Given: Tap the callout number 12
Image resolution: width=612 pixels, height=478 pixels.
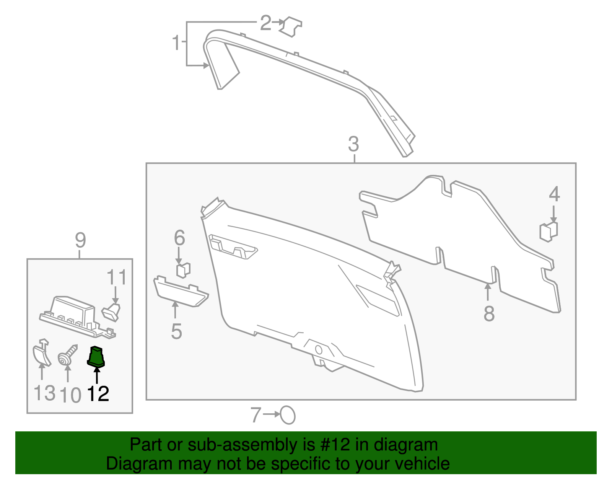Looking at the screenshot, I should coord(98,394).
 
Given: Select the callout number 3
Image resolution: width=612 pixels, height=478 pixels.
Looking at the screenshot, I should coord(353,144).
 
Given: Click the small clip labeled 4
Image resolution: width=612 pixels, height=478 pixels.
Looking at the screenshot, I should coord(549,231).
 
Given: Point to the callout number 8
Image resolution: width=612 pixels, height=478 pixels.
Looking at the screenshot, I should coord(489,314).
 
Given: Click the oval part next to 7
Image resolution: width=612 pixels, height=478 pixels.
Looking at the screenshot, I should coord(288,415).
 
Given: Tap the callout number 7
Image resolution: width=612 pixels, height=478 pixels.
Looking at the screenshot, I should coord(256,415).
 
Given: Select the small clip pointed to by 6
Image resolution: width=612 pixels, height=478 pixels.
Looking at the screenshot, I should coord(183,270).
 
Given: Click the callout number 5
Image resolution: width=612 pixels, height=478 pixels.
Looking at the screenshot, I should coord(176,331).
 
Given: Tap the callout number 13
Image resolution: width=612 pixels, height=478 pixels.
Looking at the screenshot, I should coord(44,393).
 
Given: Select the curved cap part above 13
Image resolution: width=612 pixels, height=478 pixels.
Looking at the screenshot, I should coord(41,352).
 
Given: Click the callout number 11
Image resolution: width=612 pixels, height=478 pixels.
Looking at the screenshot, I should coord(116,277).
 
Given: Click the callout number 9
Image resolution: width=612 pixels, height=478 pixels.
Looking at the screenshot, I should coord(80,240).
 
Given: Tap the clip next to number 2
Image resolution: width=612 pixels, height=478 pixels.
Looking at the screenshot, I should coord(291,26).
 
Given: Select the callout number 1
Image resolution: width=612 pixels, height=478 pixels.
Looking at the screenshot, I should coord(176,42).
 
